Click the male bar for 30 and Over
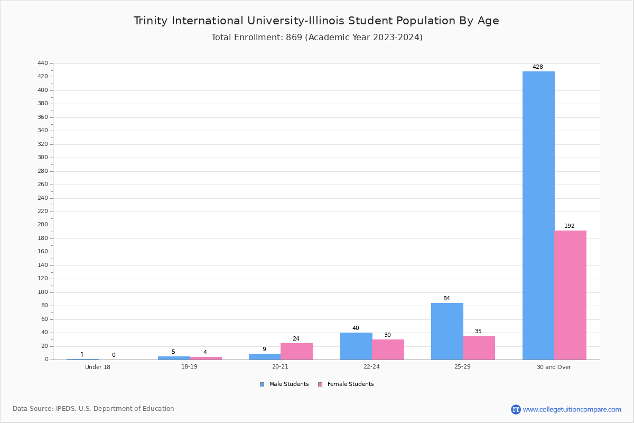click(538, 216)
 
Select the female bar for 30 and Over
click(570, 295)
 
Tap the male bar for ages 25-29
click(447, 332)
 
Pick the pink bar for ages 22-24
click(388, 350)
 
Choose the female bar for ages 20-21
click(296, 352)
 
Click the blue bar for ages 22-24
click(356, 346)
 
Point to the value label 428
click(538, 67)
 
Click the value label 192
click(570, 226)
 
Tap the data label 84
click(446, 298)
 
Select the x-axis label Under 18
click(98, 367)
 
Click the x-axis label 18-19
click(189, 366)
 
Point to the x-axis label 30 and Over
click(554, 367)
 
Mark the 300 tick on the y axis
click(43, 158)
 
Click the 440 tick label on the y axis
click(43, 63)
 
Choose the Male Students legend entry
click(284, 384)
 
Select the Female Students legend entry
click(346, 384)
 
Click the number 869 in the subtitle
click(294, 38)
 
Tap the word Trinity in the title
click(151, 21)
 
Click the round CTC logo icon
click(516, 409)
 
